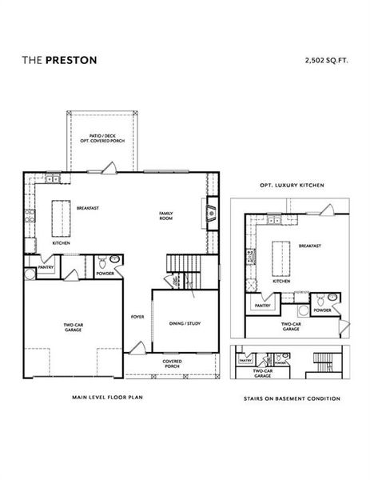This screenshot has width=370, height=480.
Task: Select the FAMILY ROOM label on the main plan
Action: (x=166, y=215)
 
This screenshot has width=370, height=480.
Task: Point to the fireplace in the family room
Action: (x=210, y=212)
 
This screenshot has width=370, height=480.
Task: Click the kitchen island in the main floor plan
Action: (x=58, y=217)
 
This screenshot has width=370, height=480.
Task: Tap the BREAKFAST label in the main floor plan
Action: (x=88, y=207)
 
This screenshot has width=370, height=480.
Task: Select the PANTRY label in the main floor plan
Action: (x=46, y=268)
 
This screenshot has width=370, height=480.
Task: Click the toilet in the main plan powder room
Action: (x=114, y=261)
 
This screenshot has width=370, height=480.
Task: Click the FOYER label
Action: (x=137, y=316)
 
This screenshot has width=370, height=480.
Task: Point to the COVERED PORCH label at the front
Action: (x=171, y=364)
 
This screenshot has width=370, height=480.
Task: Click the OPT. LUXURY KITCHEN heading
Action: (x=292, y=185)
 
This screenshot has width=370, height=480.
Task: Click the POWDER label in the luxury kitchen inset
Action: (x=322, y=310)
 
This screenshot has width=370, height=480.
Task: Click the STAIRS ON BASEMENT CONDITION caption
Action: (x=292, y=398)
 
